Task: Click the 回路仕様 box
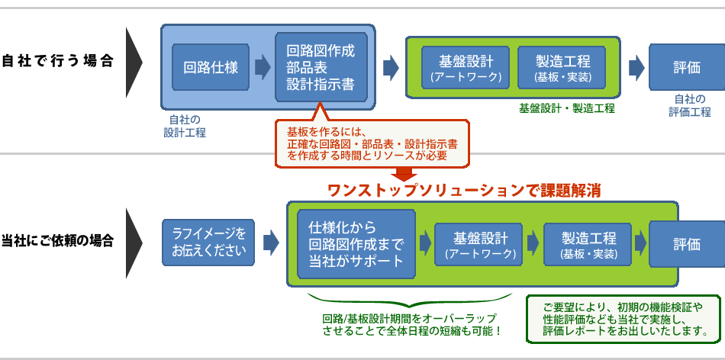211,67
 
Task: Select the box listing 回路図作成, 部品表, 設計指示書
321,67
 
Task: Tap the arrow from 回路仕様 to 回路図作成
263,67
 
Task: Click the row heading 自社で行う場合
57,62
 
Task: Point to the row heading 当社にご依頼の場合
57,241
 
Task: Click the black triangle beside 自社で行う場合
134,63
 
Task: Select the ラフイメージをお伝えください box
208,243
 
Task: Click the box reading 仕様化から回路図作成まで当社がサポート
356,244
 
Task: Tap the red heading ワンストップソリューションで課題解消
464,191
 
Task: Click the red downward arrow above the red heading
404,174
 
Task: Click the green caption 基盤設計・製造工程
566,109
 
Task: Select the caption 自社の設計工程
185,126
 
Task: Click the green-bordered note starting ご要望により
625,320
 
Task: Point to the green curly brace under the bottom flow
410,301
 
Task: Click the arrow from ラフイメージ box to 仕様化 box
272,243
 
